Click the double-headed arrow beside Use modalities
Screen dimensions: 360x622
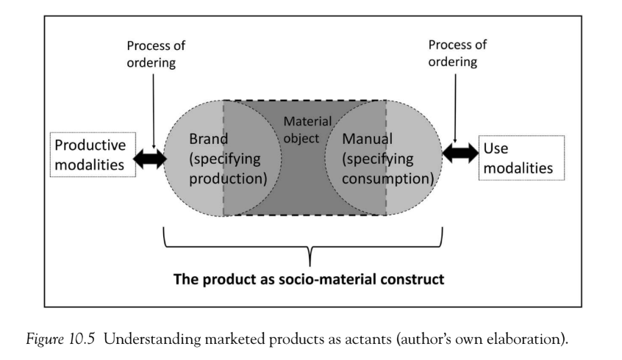coord(459,154)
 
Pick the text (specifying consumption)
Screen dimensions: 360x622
coord(382,168)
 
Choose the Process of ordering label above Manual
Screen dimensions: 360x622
coord(457,53)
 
